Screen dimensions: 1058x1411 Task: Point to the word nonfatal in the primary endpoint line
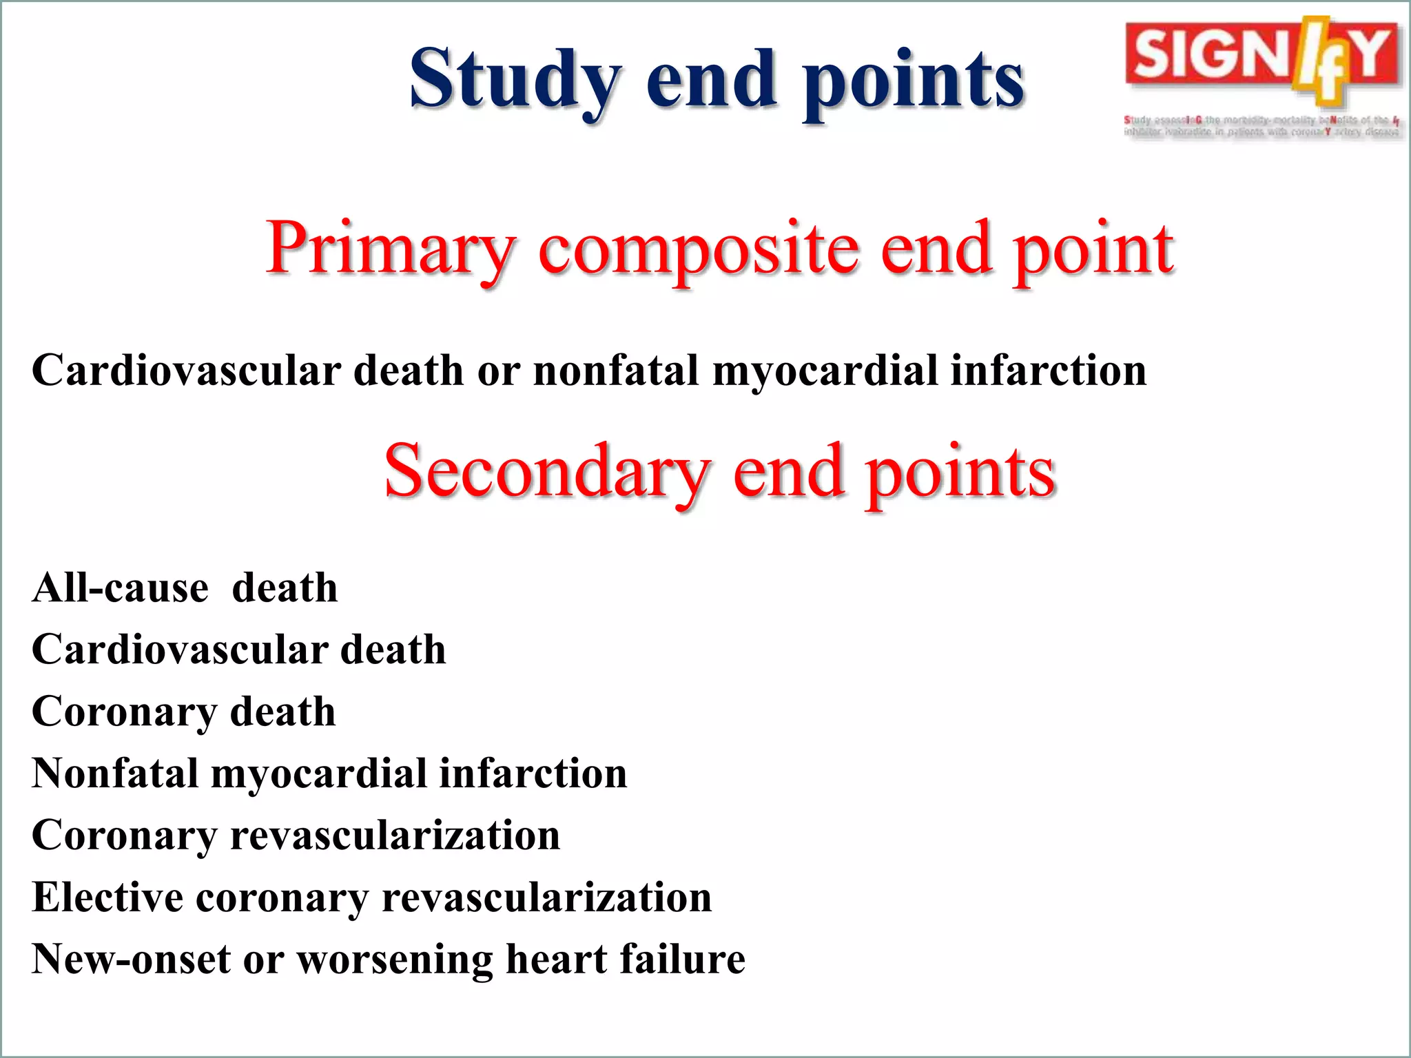[616, 371]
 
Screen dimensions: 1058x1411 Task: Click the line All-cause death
[185, 588]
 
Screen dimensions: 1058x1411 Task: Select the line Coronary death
[183, 712]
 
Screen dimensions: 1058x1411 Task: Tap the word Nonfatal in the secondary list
[115, 773]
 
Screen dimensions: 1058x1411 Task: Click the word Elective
[107, 898]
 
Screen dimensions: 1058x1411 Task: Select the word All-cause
[120, 588]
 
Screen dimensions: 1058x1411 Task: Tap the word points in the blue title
[914, 81]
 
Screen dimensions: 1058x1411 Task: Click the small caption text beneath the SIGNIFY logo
[1261, 126]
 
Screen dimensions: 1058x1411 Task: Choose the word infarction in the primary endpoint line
[1049, 371]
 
